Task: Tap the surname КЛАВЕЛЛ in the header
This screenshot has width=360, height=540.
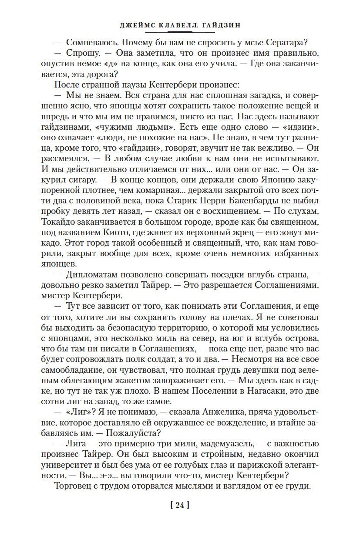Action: (x=168, y=25)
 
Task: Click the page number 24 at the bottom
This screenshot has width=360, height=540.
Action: (x=180, y=506)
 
